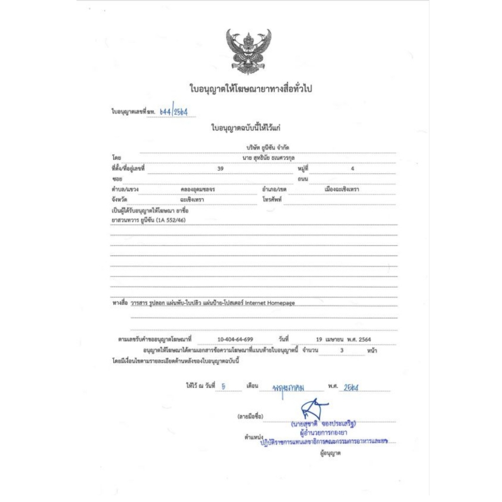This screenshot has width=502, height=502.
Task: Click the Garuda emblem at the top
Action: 249,50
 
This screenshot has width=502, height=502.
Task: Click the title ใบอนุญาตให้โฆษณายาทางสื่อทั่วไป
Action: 251,89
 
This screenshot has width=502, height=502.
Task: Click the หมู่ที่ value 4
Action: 352,168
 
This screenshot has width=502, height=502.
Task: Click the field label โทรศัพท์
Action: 272,200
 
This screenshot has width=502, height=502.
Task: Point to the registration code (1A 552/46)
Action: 171,220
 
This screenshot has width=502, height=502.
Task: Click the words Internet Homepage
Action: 270,303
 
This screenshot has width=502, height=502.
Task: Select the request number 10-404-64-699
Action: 235,339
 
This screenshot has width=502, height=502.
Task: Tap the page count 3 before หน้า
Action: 342,351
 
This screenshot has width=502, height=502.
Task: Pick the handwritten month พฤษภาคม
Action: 289,388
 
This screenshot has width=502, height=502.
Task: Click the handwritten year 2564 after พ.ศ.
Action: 351,387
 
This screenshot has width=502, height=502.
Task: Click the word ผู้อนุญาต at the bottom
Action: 330,453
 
